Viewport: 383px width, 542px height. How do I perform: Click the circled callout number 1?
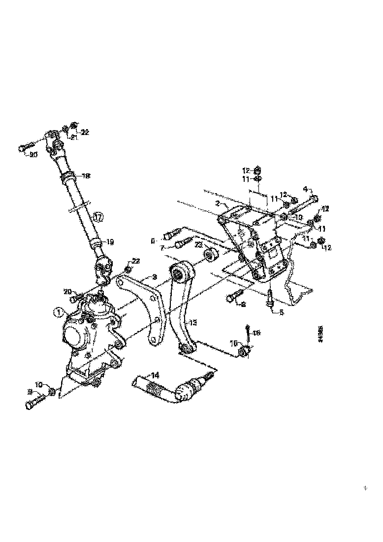pyautogui.click(x=59, y=311)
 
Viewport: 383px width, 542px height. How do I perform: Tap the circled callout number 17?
pyautogui.click(x=98, y=217)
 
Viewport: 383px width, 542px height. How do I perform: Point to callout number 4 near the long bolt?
pyautogui.click(x=305, y=189)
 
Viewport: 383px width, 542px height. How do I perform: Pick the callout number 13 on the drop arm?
pyautogui.click(x=192, y=323)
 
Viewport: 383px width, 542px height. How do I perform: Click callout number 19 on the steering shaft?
pyautogui.click(x=110, y=241)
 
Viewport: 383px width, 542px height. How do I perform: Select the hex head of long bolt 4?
pyautogui.click(x=315, y=199)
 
